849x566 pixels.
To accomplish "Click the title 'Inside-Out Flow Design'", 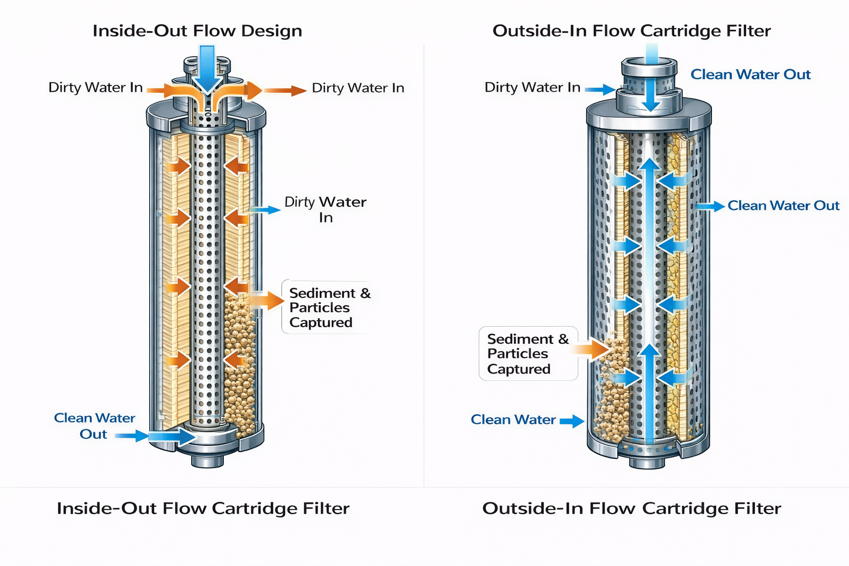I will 197,31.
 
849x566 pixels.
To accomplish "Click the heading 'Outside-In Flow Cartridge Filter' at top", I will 631,31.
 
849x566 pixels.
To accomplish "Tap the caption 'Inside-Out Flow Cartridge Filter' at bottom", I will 203,509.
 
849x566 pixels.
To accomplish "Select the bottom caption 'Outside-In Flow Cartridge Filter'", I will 631,509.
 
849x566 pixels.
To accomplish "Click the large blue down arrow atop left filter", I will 207,69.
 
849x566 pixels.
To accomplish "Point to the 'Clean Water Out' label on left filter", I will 94,426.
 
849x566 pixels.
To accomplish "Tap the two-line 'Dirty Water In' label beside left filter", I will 326,209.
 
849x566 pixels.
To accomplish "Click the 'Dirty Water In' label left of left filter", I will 95,88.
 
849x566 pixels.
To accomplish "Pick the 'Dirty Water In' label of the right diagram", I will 532,87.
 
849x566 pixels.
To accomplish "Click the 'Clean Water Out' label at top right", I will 750,75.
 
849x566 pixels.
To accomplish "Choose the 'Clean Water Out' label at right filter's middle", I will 783,206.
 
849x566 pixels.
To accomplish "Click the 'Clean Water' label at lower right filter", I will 513,420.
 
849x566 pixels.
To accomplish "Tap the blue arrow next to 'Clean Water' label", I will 572,421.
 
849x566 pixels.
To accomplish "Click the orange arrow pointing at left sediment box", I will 266,300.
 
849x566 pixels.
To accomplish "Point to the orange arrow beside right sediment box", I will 590,349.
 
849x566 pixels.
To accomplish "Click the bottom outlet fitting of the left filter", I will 207,459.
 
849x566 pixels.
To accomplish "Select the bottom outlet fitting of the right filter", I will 647,462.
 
